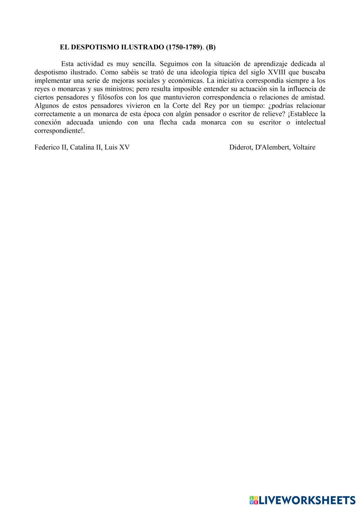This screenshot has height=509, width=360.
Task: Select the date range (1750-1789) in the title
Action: click(x=184, y=47)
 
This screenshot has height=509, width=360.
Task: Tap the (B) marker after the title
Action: click(x=211, y=47)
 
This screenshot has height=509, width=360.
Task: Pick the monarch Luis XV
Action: click(x=117, y=147)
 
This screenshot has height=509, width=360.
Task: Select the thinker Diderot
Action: click(x=240, y=147)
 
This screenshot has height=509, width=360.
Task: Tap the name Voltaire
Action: click(x=304, y=147)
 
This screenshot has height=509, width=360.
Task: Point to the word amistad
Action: click(x=313, y=97)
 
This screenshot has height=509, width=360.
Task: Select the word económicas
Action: click(x=186, y=81)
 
